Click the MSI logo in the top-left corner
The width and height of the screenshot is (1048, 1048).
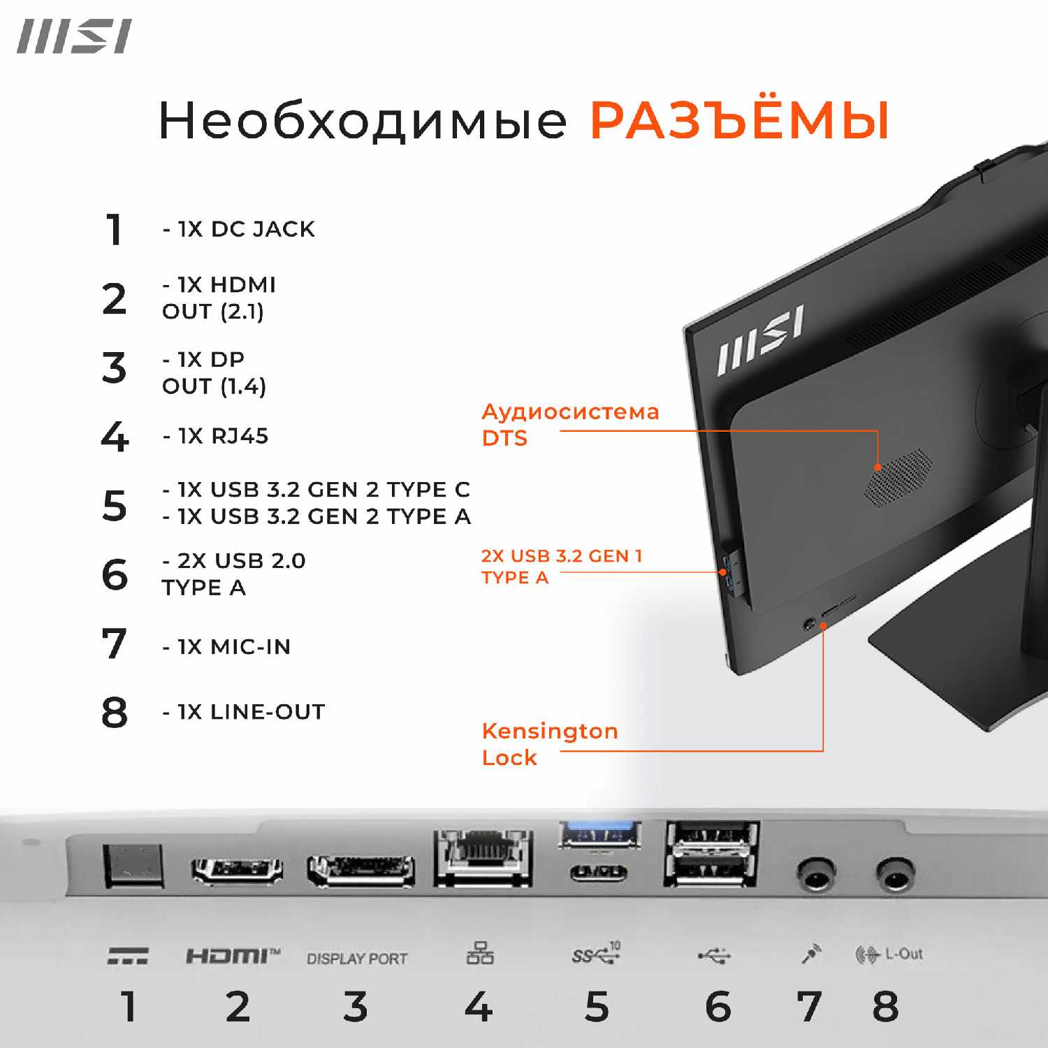tap(74, 37)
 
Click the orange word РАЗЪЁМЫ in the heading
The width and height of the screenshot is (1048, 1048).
tap(739, 121)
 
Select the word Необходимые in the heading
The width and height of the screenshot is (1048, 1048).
tap(363, 121)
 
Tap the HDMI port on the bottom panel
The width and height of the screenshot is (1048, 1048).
tap(237, 869)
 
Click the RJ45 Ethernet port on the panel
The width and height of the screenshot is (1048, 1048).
tap(482, 856)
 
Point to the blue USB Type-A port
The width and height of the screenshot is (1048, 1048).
tap(599, 834)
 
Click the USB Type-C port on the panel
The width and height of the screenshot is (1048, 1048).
tap(599, 872)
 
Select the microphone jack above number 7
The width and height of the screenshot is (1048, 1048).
tap(815, 873)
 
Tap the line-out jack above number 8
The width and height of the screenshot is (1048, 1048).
tap(895, 873)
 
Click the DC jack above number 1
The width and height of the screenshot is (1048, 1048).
tap(133, 865)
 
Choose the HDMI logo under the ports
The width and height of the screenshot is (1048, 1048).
tap(233, 955)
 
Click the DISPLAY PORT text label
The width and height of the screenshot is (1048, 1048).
tap(357, 959)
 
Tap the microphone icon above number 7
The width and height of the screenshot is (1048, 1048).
tap(810, 953)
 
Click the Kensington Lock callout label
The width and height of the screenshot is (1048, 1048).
tap(549, 744)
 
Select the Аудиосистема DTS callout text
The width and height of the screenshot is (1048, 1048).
tap(569, 425)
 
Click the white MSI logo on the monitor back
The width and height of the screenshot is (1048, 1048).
tap(760, 340)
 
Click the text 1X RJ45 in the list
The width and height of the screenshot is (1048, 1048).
tap(222, 436)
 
